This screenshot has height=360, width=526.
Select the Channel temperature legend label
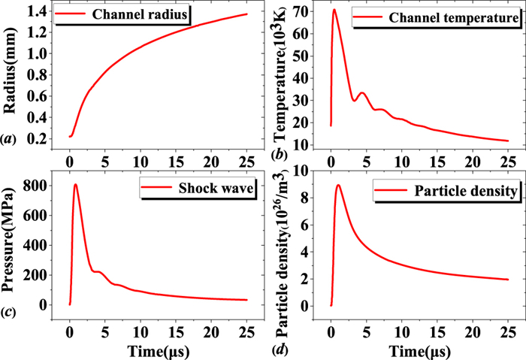click(455, 17)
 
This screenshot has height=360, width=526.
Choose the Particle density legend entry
click(461, 192)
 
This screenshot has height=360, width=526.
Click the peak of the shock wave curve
click(75, 185)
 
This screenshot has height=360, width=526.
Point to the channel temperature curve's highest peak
click(334, 10)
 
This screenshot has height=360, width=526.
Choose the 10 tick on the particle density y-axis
click(307, 171)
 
